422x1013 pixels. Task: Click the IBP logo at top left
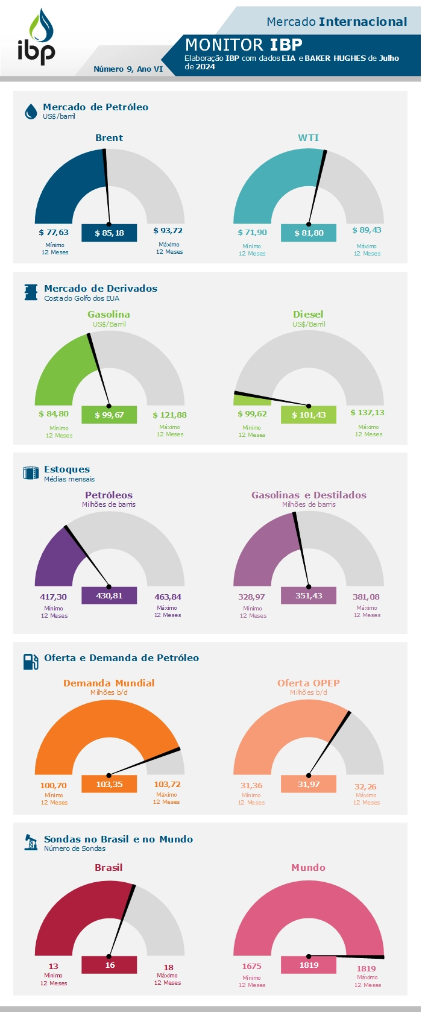pyautogui.click(x=37, y=37)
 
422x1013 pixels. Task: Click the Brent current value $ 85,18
pyautogui.click(x=109, y=233)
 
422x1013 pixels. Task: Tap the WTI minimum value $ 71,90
pyautogui.click(x=252, y=233)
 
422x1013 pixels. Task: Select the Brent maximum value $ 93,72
pyautogui.click(x=168, y=231)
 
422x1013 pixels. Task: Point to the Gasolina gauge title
pyautogui.click(x=109, y=315)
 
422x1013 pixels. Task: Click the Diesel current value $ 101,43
pyautogui.click(x=309, y=415)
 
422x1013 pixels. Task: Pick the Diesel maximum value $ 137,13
pyautogui.click(x=367, y=413)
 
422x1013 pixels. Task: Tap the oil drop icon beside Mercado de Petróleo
pyautogui.click(x=31, y=111)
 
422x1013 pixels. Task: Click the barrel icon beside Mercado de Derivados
pyautogui.click(x=31, y=292)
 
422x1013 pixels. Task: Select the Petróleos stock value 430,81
pyautogui.click(x=109, y=595)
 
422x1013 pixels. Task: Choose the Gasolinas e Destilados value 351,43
pyautogui.click(x=309, y=595)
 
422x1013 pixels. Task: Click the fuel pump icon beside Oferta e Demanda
pyautogui.click(x=31, y=661)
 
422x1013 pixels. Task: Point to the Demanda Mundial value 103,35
pyautogui.click(x=109, y=784)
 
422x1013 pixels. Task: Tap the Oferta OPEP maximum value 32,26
pyautogui.click(x=366, y=787)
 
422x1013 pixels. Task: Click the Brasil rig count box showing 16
pyautogui.click(x=110, y=965)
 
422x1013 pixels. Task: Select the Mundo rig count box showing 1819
pyautogui.click(x=309, y=965)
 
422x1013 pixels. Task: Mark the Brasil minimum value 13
pyautogui.click(x=54, y=966)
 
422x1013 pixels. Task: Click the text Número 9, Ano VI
pyautogui.click(x=128, y=69)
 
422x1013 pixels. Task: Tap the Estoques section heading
pyautogui.click(x=67, y=469)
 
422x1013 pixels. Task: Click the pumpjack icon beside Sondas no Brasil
pyautogui.click(x=31, y=842)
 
